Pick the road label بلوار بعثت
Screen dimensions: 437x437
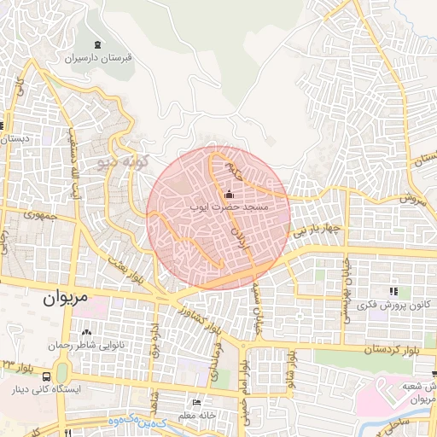click(x=129, y=269)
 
